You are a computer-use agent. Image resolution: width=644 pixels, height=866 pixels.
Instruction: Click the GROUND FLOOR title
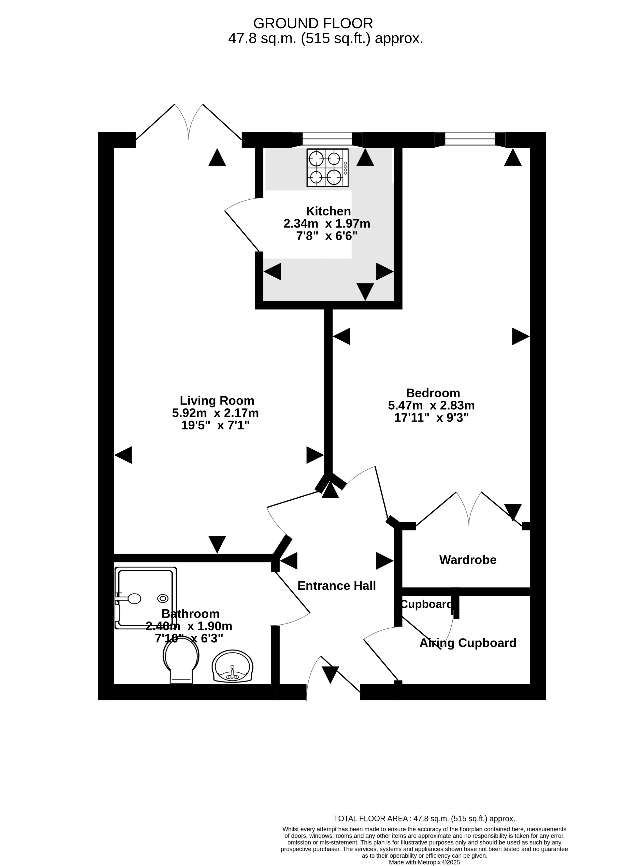coord(313,23)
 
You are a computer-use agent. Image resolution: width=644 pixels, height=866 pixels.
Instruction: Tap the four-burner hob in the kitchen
coord(327,168)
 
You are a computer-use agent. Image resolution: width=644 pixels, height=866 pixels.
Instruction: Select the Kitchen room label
coord(328,211)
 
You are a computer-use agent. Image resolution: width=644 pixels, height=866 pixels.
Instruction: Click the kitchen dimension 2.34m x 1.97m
coord(327,224)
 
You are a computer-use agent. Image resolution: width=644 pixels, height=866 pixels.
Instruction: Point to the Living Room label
coord(217,401)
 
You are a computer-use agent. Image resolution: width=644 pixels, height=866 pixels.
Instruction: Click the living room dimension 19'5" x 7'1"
coord(215,425)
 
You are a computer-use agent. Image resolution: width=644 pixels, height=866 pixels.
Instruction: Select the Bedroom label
coord(433,393)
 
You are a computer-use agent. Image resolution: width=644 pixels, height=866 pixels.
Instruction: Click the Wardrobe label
coord(468,560)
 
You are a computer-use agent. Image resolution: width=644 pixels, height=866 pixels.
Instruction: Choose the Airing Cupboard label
coord(468,643)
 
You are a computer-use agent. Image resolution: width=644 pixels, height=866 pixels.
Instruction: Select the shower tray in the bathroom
coord(145,598)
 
